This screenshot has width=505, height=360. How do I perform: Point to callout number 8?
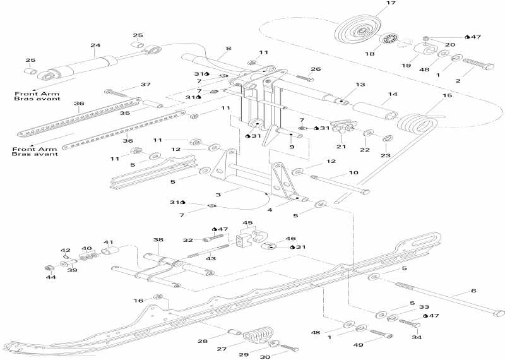228,48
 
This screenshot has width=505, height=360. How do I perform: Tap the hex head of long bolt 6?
497,313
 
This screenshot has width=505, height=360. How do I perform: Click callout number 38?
158,240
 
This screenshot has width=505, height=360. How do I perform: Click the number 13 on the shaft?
360,84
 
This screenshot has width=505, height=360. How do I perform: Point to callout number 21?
342,147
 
